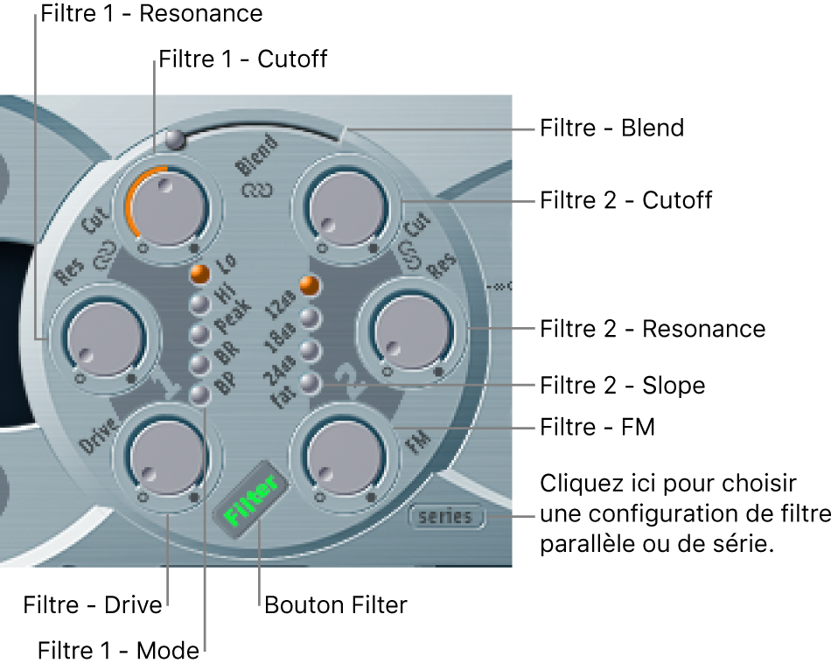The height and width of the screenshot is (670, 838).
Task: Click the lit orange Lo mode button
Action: point(201,274)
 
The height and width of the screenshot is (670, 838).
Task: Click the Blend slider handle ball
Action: point(177,138)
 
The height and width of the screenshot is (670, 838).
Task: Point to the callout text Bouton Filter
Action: point(335,605)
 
